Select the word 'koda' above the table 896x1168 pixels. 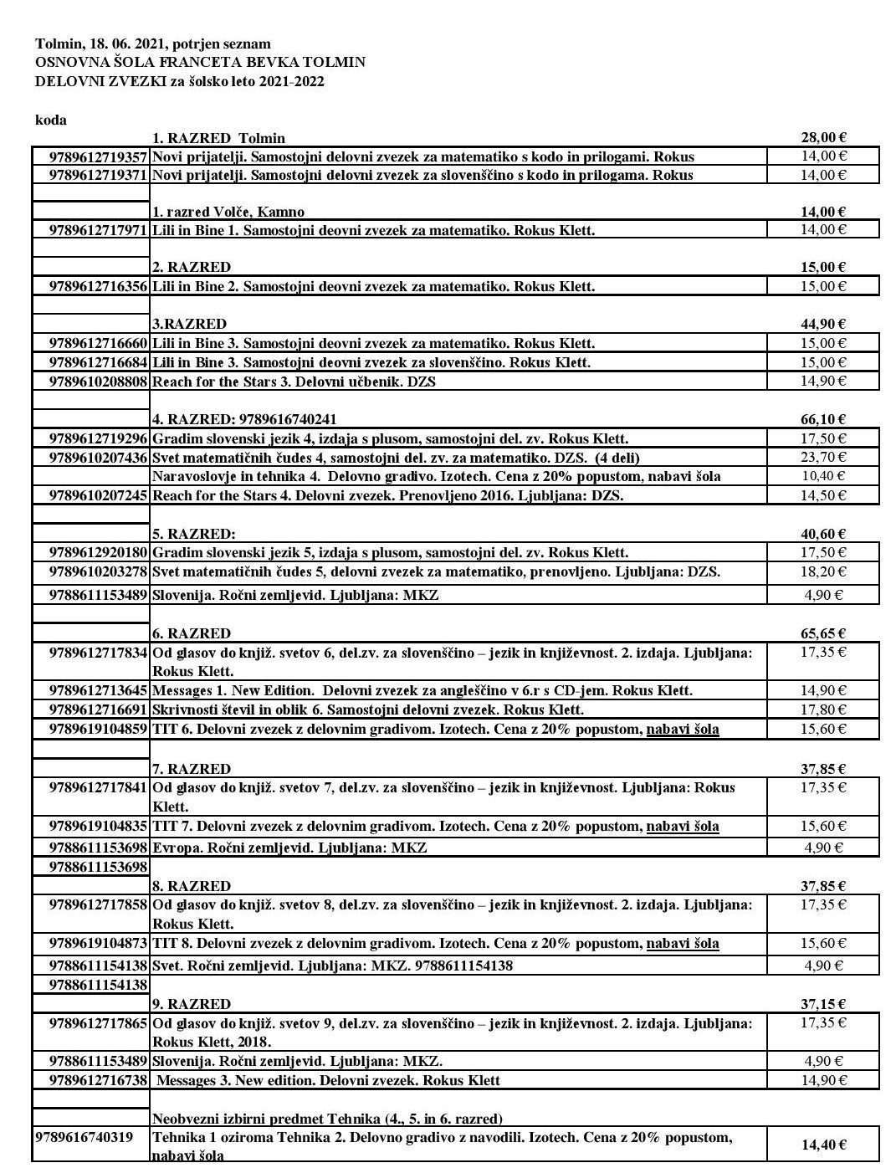coord(51,120)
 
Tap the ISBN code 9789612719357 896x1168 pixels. coord(99,156)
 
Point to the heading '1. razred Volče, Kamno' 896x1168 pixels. coord(228,212)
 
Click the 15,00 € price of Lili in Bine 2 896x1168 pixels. coord(823,286)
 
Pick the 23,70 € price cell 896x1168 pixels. coord(823,457)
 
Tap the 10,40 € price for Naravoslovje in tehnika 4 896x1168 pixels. coord(823,476)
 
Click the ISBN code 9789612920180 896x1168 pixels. coord(99,552)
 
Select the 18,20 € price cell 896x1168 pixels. coord(823,571)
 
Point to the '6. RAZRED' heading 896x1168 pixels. coord(191,633)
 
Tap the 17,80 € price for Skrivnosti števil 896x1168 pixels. coord(823,710)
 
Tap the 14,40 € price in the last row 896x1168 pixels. coord(823,1145)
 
